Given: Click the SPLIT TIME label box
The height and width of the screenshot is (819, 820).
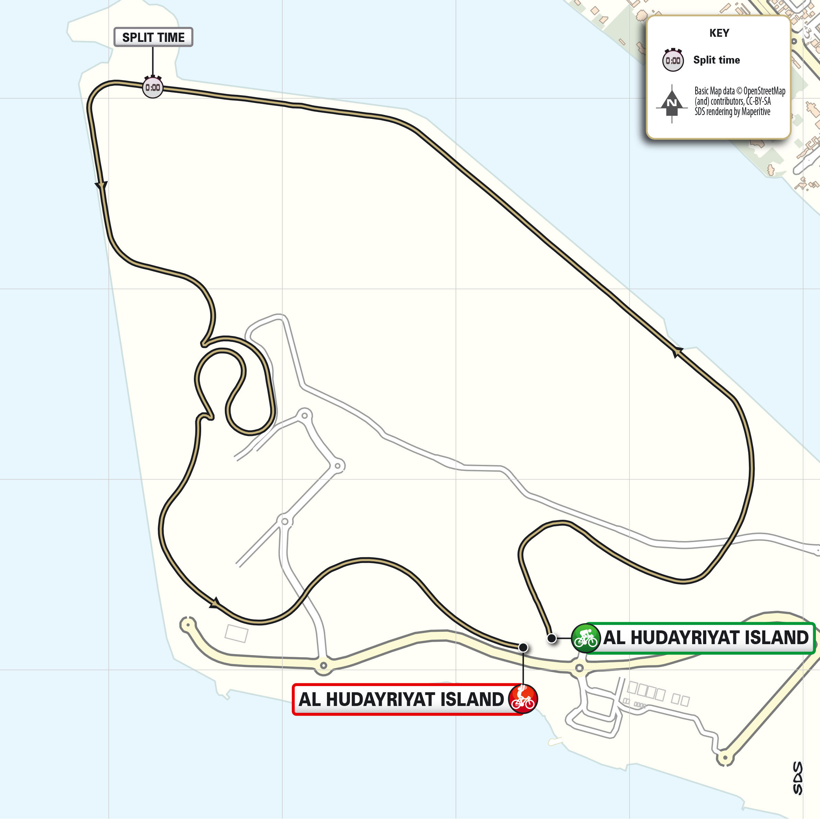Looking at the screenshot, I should tap(153, 37).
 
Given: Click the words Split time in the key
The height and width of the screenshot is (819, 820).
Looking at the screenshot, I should tap(717, 60).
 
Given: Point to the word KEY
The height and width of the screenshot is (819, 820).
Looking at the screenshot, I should tap(719, 33).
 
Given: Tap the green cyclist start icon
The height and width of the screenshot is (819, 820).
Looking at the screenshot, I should tap(586, 638).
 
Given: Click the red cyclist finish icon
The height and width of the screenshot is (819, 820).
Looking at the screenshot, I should tap(523, 699).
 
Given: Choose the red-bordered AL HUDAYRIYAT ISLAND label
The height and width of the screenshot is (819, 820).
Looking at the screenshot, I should tap(401, 699).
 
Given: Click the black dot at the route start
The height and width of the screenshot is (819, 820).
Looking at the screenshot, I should tap(551, 638).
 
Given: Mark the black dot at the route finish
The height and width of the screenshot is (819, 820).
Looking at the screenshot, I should tap(523, 648).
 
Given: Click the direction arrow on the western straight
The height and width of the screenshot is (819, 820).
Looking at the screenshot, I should tap(101, 186).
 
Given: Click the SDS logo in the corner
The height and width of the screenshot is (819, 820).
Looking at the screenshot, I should tap(798, 778).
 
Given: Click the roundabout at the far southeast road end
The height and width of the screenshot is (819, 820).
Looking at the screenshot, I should tap(725, 758).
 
